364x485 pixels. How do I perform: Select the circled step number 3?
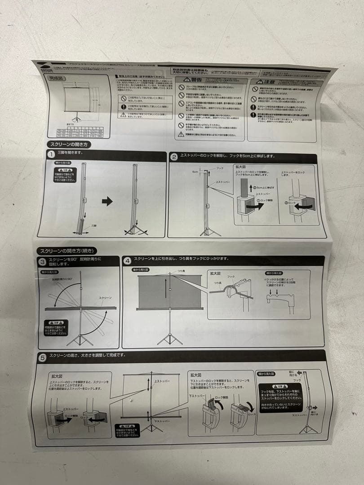click(x=41, y=261)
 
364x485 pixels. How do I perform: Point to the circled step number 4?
click(x=127, y=260)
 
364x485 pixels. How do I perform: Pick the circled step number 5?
click(x=42, y=358)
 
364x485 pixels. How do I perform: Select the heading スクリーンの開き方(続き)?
click(x=67, y=251)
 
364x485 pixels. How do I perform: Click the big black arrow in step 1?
click(x=107, y=202)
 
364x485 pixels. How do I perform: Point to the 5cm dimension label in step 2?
click(x=195, y=172)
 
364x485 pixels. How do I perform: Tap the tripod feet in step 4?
click(x=170, y=338)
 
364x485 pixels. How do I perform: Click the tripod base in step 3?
click(x=80, y=338)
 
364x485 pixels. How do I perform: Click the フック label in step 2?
click(x=220, y=168)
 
